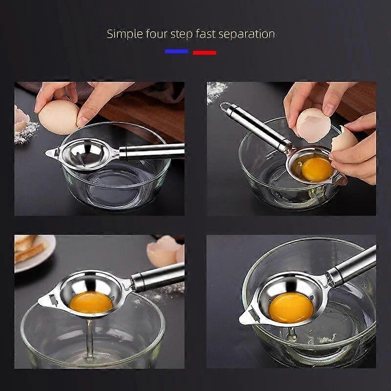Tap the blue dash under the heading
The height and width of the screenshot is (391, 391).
[x=176, y=51]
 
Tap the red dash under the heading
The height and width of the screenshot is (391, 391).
[x=204, y=52]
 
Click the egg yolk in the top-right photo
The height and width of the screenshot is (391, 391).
[x=317, y=169]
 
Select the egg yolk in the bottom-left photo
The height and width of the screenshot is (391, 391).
[x=91, y=302]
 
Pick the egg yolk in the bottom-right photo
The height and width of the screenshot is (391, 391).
[x=291, y=307]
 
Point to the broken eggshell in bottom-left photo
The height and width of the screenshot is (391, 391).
[x=165, y=251]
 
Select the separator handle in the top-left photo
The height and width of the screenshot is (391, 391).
[x=152, y=152]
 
